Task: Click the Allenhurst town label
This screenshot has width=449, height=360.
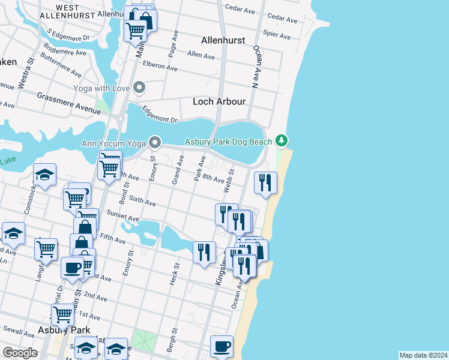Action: [x=223, y=40]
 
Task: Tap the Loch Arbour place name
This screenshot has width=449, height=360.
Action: [x=219, y=101]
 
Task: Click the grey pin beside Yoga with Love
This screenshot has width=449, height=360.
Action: [x=139, y=88]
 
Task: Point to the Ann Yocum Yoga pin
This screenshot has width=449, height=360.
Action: [x=155, y=143]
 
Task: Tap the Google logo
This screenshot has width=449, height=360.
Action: [x=20, y=353]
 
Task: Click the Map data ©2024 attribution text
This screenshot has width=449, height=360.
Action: [x=423, y=355]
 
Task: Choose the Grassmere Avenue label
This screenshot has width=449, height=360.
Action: [x=68, y=103]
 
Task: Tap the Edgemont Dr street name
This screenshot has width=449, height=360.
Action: [x=159, y=115]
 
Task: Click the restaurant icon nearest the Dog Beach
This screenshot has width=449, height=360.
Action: [x=265, y=182]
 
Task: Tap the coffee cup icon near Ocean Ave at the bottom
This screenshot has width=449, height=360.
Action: [x=221, y=346]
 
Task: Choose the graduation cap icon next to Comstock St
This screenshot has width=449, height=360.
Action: [x=44, y=175]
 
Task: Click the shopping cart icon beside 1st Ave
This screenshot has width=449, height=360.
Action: [x=63, y=314]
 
